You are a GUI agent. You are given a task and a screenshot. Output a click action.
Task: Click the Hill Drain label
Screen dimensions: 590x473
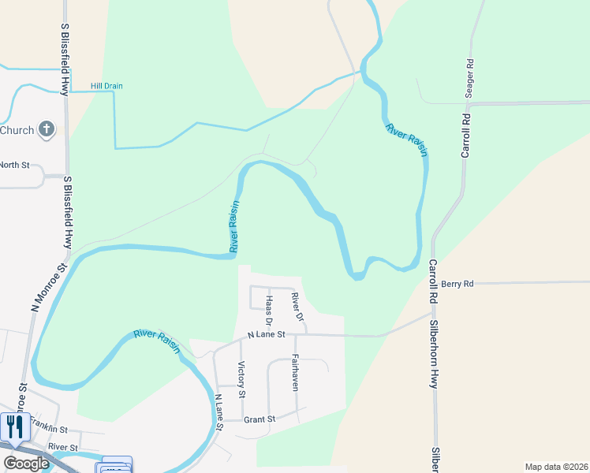tap(106, 86)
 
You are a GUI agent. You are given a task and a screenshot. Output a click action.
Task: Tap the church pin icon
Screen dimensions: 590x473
tap(47, 129)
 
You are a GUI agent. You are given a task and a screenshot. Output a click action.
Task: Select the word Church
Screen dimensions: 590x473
tap(17, 130)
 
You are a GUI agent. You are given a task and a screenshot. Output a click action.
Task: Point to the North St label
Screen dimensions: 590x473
tap(14, 165)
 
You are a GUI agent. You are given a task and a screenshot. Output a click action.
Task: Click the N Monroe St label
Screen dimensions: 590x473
tap(40, 277)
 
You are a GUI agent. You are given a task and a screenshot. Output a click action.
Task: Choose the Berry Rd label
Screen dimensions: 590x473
tap(457, 284)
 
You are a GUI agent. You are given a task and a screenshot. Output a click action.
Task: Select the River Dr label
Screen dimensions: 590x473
tap(296, 307)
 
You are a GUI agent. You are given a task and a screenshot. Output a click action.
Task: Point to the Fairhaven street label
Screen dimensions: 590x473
tap(294, 372)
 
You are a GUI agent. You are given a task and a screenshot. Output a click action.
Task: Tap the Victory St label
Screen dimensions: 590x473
tap(241, 379)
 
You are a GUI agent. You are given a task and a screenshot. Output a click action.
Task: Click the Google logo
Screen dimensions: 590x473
tap(26, 464)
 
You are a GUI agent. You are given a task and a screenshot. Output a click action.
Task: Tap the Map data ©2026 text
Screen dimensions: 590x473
tap(555, 467)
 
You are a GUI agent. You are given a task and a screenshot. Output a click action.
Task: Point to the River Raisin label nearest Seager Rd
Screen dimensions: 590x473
tap(407, 140)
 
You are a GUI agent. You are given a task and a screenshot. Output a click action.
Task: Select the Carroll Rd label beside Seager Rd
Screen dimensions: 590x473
tap(465, 136)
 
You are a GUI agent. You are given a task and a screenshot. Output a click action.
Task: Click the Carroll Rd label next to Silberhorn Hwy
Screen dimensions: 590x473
tap(433, 282)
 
